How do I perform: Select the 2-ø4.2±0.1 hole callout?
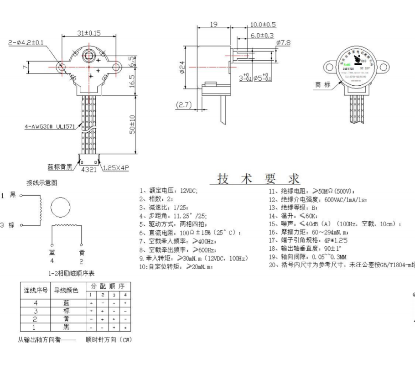click(x=26, y=42)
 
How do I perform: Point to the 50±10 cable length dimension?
click(x=132, y=123)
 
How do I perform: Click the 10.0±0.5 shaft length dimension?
click(x=263, y=24)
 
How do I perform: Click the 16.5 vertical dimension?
click(x=132, y=83)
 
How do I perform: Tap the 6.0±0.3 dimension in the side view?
click(x=262, y=35)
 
